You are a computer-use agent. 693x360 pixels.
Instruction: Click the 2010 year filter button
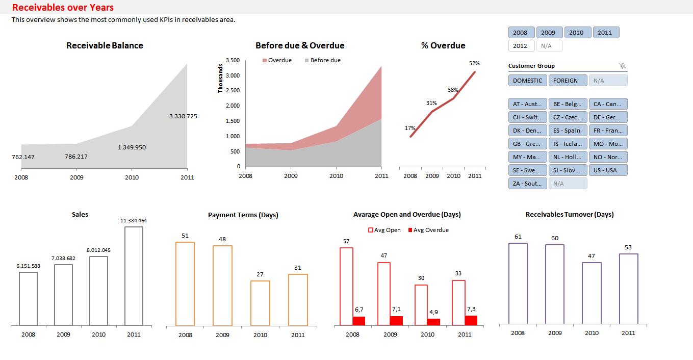(576, 33)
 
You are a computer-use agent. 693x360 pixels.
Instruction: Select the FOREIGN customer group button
(566, 81)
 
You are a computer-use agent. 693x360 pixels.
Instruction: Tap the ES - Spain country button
(567, 131)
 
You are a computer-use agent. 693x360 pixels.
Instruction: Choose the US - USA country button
(607, 170)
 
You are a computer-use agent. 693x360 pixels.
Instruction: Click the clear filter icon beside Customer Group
(622, 66)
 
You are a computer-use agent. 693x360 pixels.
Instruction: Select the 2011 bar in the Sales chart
(134, 275)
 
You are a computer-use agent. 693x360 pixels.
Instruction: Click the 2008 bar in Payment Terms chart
(185, 284)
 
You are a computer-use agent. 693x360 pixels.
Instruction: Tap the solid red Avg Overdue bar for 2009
(396, 320)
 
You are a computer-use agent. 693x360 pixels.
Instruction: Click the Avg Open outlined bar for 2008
(346, 286)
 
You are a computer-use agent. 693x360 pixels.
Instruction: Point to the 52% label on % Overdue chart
(474, 64)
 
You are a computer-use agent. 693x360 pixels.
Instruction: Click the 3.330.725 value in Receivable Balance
(183, 116)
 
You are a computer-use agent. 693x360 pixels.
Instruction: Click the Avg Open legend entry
(384, 230)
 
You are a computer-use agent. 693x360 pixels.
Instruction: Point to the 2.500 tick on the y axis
(233, 91)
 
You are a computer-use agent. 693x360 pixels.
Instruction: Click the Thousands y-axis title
(221, 78)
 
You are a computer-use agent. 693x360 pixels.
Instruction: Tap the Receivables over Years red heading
(63, 7)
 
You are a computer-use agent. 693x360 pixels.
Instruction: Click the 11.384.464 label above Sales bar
(134, 221)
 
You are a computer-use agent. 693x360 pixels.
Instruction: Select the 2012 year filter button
(520, 46)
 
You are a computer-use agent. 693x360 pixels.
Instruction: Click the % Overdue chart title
(443, 45)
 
